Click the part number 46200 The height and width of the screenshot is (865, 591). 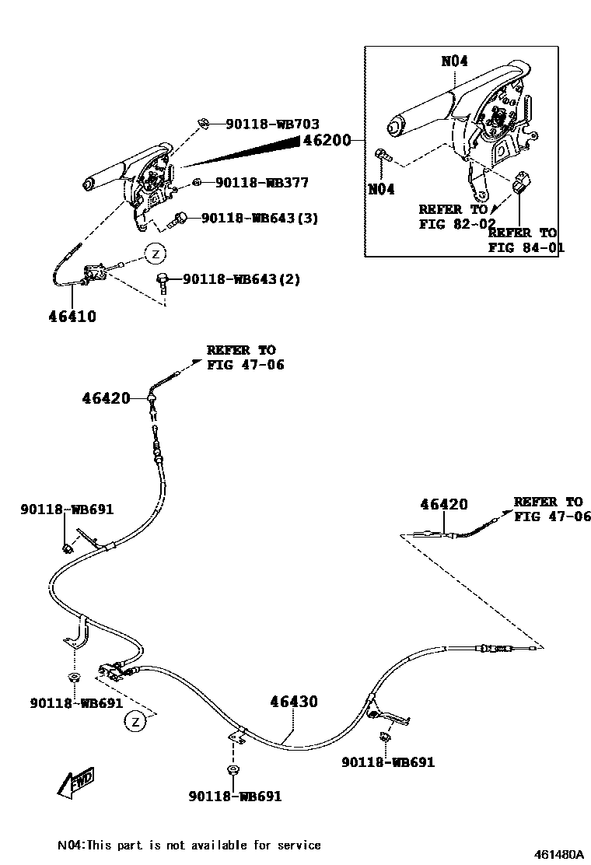point(327,141)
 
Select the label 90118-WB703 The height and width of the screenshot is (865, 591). point(272,124)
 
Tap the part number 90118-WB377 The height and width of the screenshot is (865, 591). point(261,183)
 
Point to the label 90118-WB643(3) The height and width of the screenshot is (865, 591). point(260,219)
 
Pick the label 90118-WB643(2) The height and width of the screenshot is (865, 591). point(241,278)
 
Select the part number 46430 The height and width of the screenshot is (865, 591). point(294,702)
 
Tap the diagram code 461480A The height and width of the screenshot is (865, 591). point(558,853)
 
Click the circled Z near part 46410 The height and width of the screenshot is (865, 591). point(155,254)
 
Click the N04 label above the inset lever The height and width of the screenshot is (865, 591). point(454,61)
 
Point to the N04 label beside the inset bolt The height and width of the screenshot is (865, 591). point(381,189)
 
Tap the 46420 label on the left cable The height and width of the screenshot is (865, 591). point(106,398)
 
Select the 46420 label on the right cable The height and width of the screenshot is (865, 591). point(444,504)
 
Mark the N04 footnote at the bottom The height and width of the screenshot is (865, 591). point(189,845)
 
